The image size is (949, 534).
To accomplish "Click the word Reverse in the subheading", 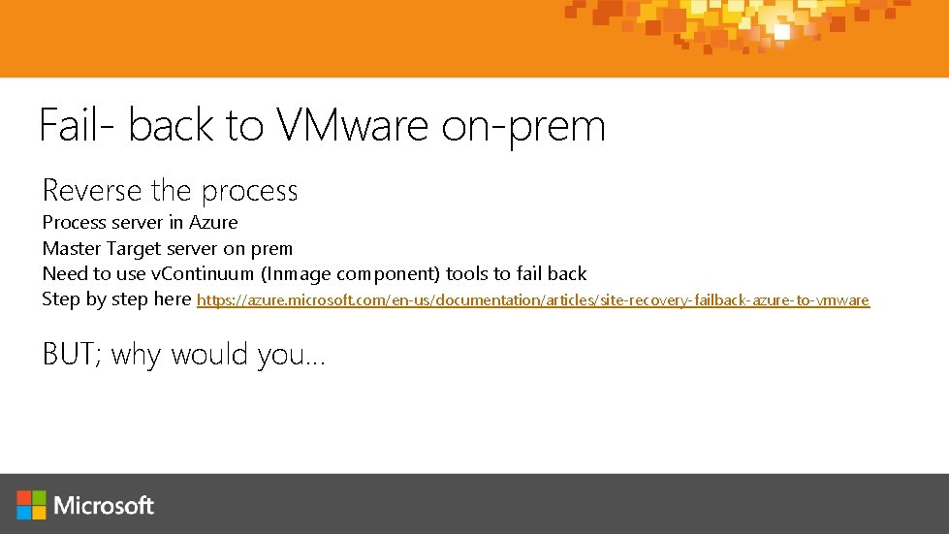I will point(91,190).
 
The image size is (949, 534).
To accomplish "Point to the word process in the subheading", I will point(249,192).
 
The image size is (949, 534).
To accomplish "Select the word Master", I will point(71,248).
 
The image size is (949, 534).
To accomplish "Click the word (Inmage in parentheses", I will point(297,274).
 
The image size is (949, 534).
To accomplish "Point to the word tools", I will point(467,274).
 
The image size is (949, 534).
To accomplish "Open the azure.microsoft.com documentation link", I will point(533,300).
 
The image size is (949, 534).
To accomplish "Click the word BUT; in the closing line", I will point(72,355).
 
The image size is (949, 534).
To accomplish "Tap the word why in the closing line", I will point(137,356).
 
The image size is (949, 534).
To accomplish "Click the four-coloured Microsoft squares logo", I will point(31,504).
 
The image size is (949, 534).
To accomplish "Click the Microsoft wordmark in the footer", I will point(104,505).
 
